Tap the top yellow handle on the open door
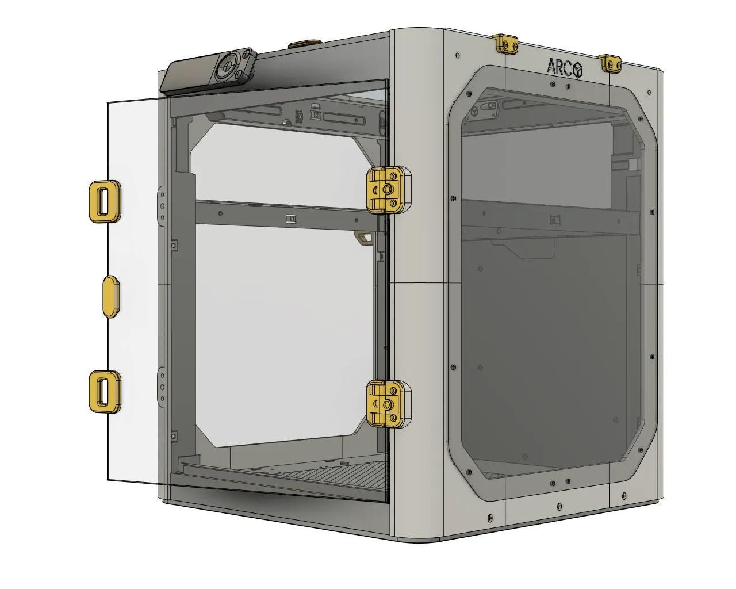click(104, 201)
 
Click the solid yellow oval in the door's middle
click(110, 296)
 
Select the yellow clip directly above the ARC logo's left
click(505, 43)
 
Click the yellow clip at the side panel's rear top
click(610, 63)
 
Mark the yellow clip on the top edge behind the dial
click(305, 44)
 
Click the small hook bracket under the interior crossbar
click(362, 237)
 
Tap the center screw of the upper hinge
click(387, 188)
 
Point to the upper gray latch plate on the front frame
click(162, 204)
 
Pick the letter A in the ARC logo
click(552, 67)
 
